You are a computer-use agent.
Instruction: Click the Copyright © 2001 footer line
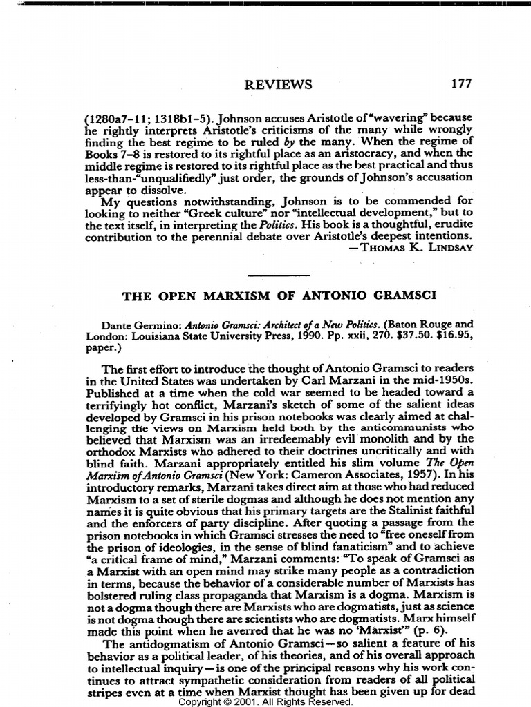[x=265, y=701]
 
